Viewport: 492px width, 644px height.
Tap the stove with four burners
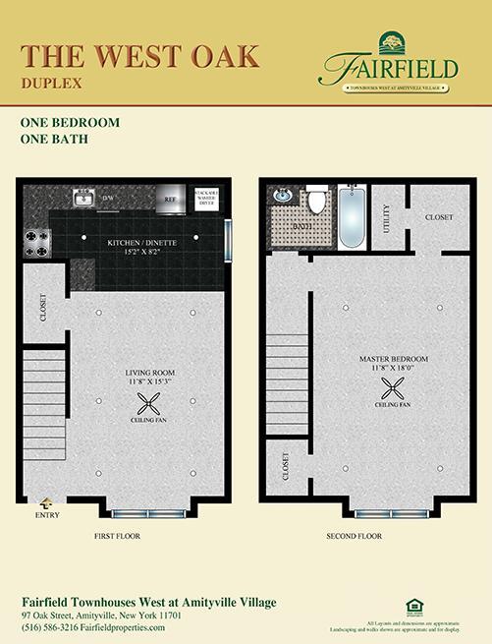(x=37, y=242)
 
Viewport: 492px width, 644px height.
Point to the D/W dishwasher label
(x=110, y=199)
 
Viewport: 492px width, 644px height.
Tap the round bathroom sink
(x=280, y=194)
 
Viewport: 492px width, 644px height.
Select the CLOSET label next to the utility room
(x=439, y=216)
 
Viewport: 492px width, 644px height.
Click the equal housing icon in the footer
(x=411, y=606)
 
